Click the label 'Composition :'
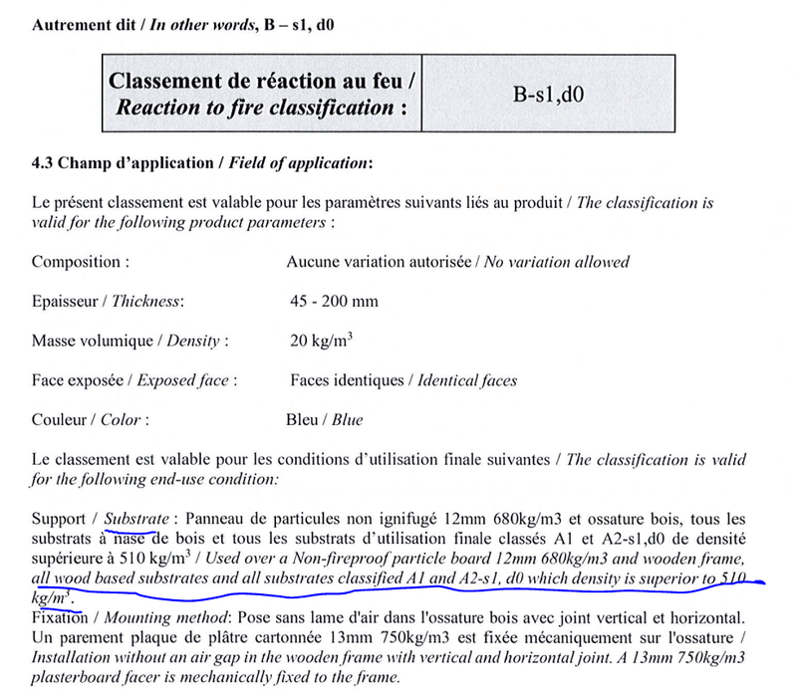(x=80, y=262)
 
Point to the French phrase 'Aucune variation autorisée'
(x=379, y=262)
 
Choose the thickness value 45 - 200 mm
(x=334, y=301)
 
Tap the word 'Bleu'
(x=302, y=419)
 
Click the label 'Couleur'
(x=61, y=419)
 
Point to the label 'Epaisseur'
(x=66, y=301)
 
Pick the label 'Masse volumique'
(x=87, y=341)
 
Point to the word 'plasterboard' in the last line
(x=76, y=678)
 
